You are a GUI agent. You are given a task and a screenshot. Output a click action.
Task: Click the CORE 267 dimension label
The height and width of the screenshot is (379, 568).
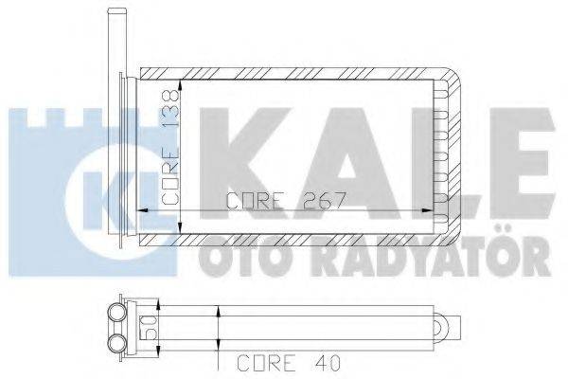tap(285, 200)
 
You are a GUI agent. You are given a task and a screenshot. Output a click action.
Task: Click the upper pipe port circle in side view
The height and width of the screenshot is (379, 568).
tap(118, 314)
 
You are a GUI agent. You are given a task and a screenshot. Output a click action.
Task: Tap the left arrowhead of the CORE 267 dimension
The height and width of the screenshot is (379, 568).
tap(144, 211)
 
